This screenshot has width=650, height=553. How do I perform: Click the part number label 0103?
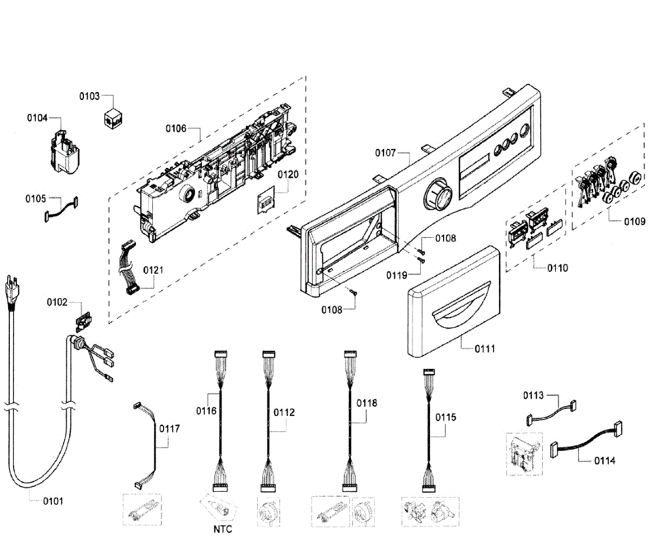[x=89, y=96]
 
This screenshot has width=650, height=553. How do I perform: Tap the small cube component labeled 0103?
[x=113, y=118]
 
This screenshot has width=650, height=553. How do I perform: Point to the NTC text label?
[x=223, y=529]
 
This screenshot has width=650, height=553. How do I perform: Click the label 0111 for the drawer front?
[x=485, y=349]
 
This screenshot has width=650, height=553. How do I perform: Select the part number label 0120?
[x=288, y=174]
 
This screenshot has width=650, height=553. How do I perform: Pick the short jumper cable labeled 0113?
[x=550, y=411]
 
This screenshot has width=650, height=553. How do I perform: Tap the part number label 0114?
[x=604, y=461]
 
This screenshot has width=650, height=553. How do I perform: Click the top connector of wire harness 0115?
[x=429, y=373]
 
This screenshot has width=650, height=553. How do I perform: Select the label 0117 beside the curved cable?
[x=169, y=428]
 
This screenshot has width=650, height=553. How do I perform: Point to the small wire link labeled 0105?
[x=61, y=209]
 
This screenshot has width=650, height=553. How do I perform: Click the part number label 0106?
[x=176, y=128]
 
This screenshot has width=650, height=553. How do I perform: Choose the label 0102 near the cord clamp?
[x=57, y=302]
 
